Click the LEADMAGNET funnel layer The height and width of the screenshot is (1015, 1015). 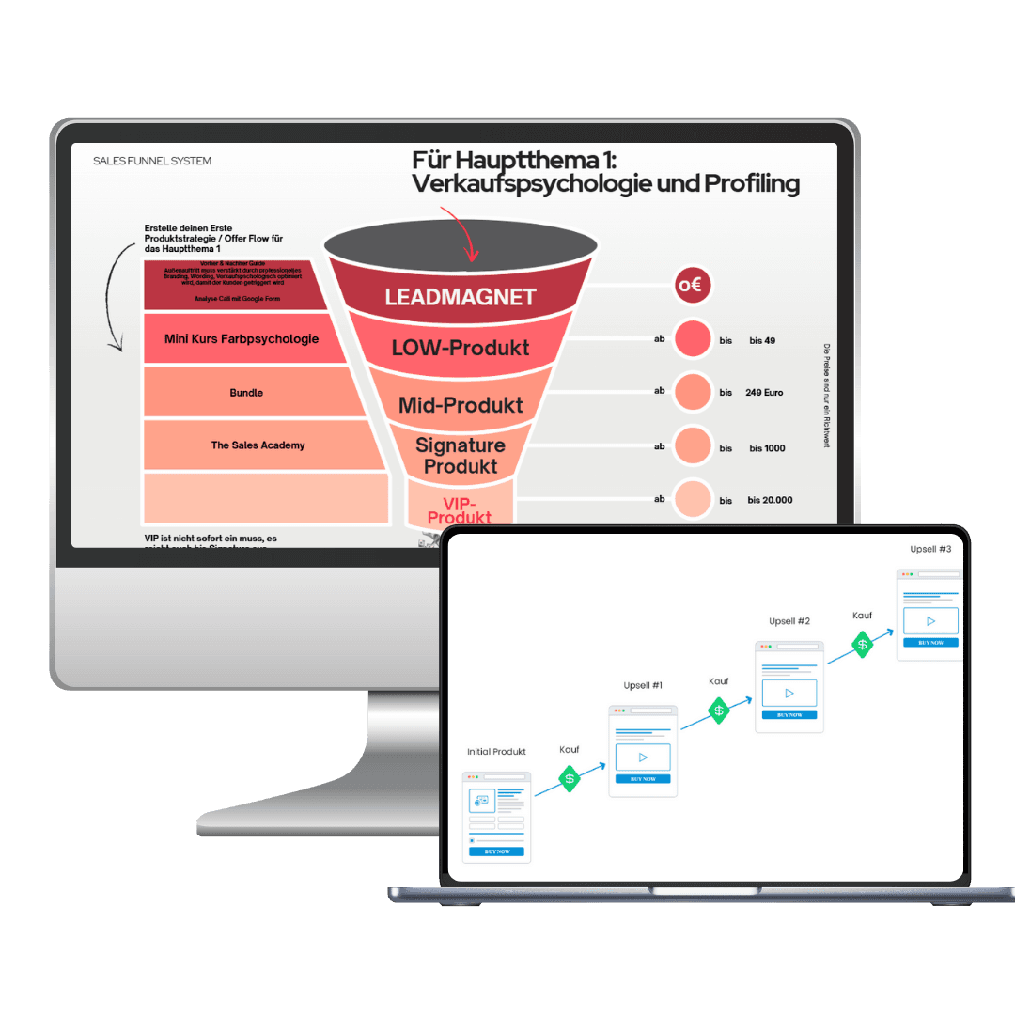coord(460,297)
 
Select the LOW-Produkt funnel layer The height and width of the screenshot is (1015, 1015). coord(461,348)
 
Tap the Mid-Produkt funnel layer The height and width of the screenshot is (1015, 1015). coord(461,405)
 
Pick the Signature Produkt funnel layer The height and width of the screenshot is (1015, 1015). coord(461,455)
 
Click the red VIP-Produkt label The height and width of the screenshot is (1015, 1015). coord(461,510)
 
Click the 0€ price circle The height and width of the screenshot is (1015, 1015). coord(693,286)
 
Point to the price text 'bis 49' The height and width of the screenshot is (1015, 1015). coord(762,340)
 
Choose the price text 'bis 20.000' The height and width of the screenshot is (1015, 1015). coord(770,500)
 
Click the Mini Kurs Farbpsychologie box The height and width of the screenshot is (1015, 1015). coord(242,339)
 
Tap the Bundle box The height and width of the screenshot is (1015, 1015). coord(246,393)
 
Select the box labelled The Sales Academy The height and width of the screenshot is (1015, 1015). coord(258,445)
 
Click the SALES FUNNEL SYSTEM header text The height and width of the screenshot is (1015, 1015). coord(152,162)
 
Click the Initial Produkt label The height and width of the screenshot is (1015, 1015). coord(496,752)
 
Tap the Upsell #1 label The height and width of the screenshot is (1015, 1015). coord(643,686)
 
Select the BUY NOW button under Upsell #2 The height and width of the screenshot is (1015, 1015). coord(789,714)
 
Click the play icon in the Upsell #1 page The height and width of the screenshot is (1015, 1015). coord(643,757)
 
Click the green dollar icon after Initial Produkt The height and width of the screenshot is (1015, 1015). coord(570,778)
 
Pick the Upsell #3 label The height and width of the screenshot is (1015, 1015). coord(930,549)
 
